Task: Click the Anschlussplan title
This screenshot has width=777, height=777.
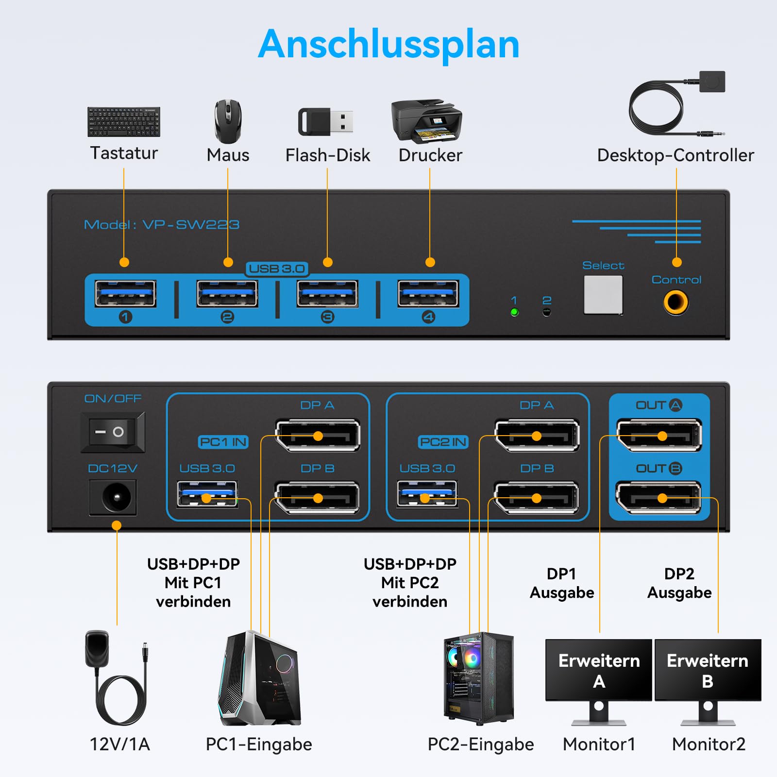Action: tap(388, 45)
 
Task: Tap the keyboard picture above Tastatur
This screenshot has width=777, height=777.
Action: tap(124, 122)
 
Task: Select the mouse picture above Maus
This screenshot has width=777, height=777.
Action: tap(228, 121)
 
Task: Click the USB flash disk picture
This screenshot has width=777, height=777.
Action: tap(325, 121)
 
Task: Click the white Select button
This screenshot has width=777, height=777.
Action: tap(603, 295)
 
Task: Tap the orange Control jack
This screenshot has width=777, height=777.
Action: tap(676, 302)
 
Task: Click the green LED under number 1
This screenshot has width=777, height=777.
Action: tap(515, 312)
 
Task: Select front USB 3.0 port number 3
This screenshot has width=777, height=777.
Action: tap(327, 293)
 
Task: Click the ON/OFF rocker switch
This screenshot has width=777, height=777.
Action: tap(113, 432)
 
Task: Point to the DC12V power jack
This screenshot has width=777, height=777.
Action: tap(113, 497)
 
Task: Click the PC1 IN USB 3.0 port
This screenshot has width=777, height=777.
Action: tap(207, 494)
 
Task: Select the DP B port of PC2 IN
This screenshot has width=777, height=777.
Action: tap(537, 498)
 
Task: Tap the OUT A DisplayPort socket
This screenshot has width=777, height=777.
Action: tap(659, 435)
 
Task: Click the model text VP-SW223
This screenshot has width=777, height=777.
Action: tap(191, 225)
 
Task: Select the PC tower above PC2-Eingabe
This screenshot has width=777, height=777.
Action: tap(479, 678)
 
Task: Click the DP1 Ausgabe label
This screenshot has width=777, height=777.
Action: tap(562, 583)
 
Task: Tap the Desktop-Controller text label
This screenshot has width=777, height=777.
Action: tap(676, 155)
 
